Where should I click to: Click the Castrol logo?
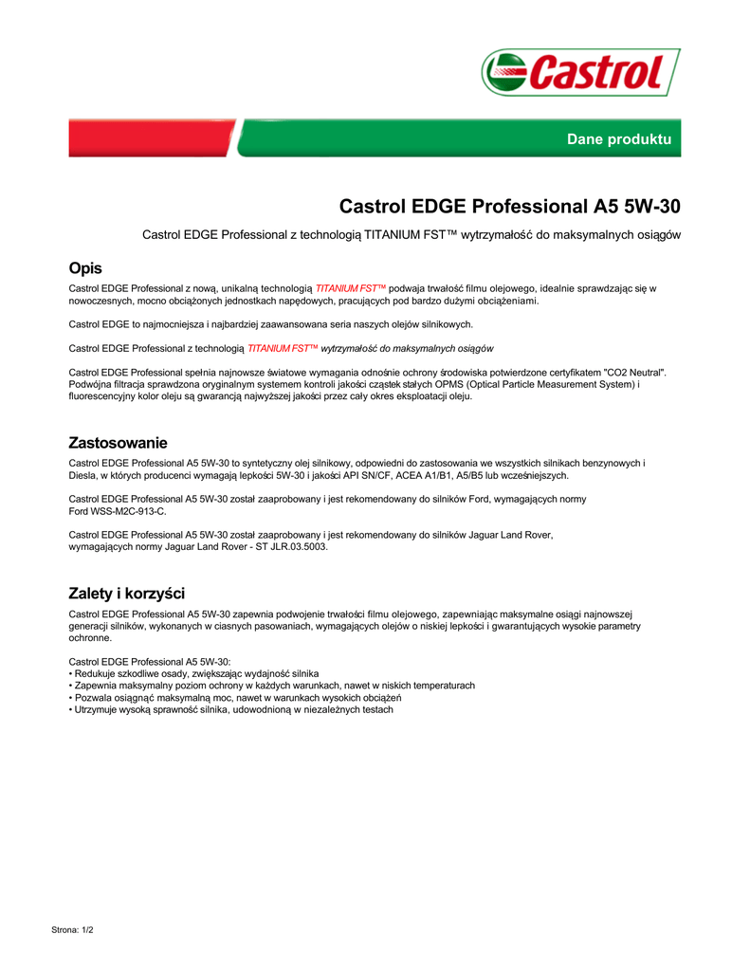point(580,72)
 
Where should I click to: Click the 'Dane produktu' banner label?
point(618,139)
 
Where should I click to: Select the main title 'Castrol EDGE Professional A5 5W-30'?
point(509,206)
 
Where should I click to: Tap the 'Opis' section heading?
point(85,268)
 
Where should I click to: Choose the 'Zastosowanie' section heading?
point(119,443)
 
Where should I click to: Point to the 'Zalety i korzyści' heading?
point(127,595)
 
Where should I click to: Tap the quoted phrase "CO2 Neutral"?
point(634,373)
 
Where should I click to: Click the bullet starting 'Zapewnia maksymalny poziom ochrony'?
point(274,685)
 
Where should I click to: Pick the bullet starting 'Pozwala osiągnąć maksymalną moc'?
point(256,697)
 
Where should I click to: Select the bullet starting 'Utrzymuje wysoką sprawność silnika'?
point(233,709)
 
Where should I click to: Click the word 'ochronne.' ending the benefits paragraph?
point(91,638)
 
